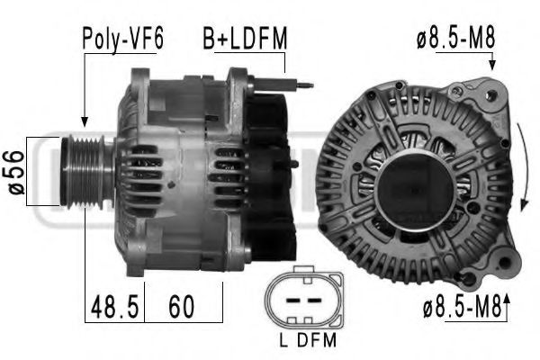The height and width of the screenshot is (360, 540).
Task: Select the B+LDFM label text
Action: click(243, 40)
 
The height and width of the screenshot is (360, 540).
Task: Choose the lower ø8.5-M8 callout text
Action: click(462, 309)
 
